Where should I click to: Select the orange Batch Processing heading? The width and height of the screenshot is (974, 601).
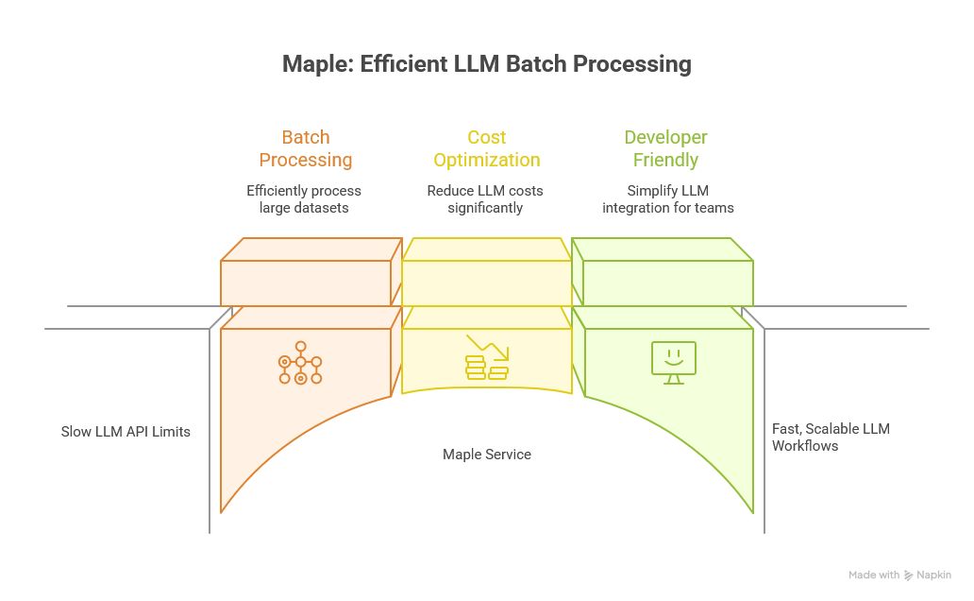[306, 148]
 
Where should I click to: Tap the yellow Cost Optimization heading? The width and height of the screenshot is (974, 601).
[485, 148]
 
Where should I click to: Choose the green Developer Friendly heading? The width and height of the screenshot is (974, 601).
[665, 148]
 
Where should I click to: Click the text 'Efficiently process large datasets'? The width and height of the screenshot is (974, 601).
[304, 198]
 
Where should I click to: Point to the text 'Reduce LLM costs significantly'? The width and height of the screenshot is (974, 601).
[485, 198]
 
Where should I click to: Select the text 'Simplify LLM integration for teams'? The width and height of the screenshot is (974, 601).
[667, 198]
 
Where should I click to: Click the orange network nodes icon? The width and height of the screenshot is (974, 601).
[300, 362]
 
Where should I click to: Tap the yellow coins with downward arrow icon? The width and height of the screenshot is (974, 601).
[487, 358]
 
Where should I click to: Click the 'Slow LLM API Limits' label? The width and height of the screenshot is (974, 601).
[126, 432]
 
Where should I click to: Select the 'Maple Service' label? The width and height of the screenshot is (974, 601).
[487, 455]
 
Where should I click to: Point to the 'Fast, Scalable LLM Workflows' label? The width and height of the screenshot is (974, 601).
[831, 437]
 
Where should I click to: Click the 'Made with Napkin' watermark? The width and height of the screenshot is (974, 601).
[899, 575]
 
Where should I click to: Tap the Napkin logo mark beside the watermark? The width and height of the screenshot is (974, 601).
[909, 575]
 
